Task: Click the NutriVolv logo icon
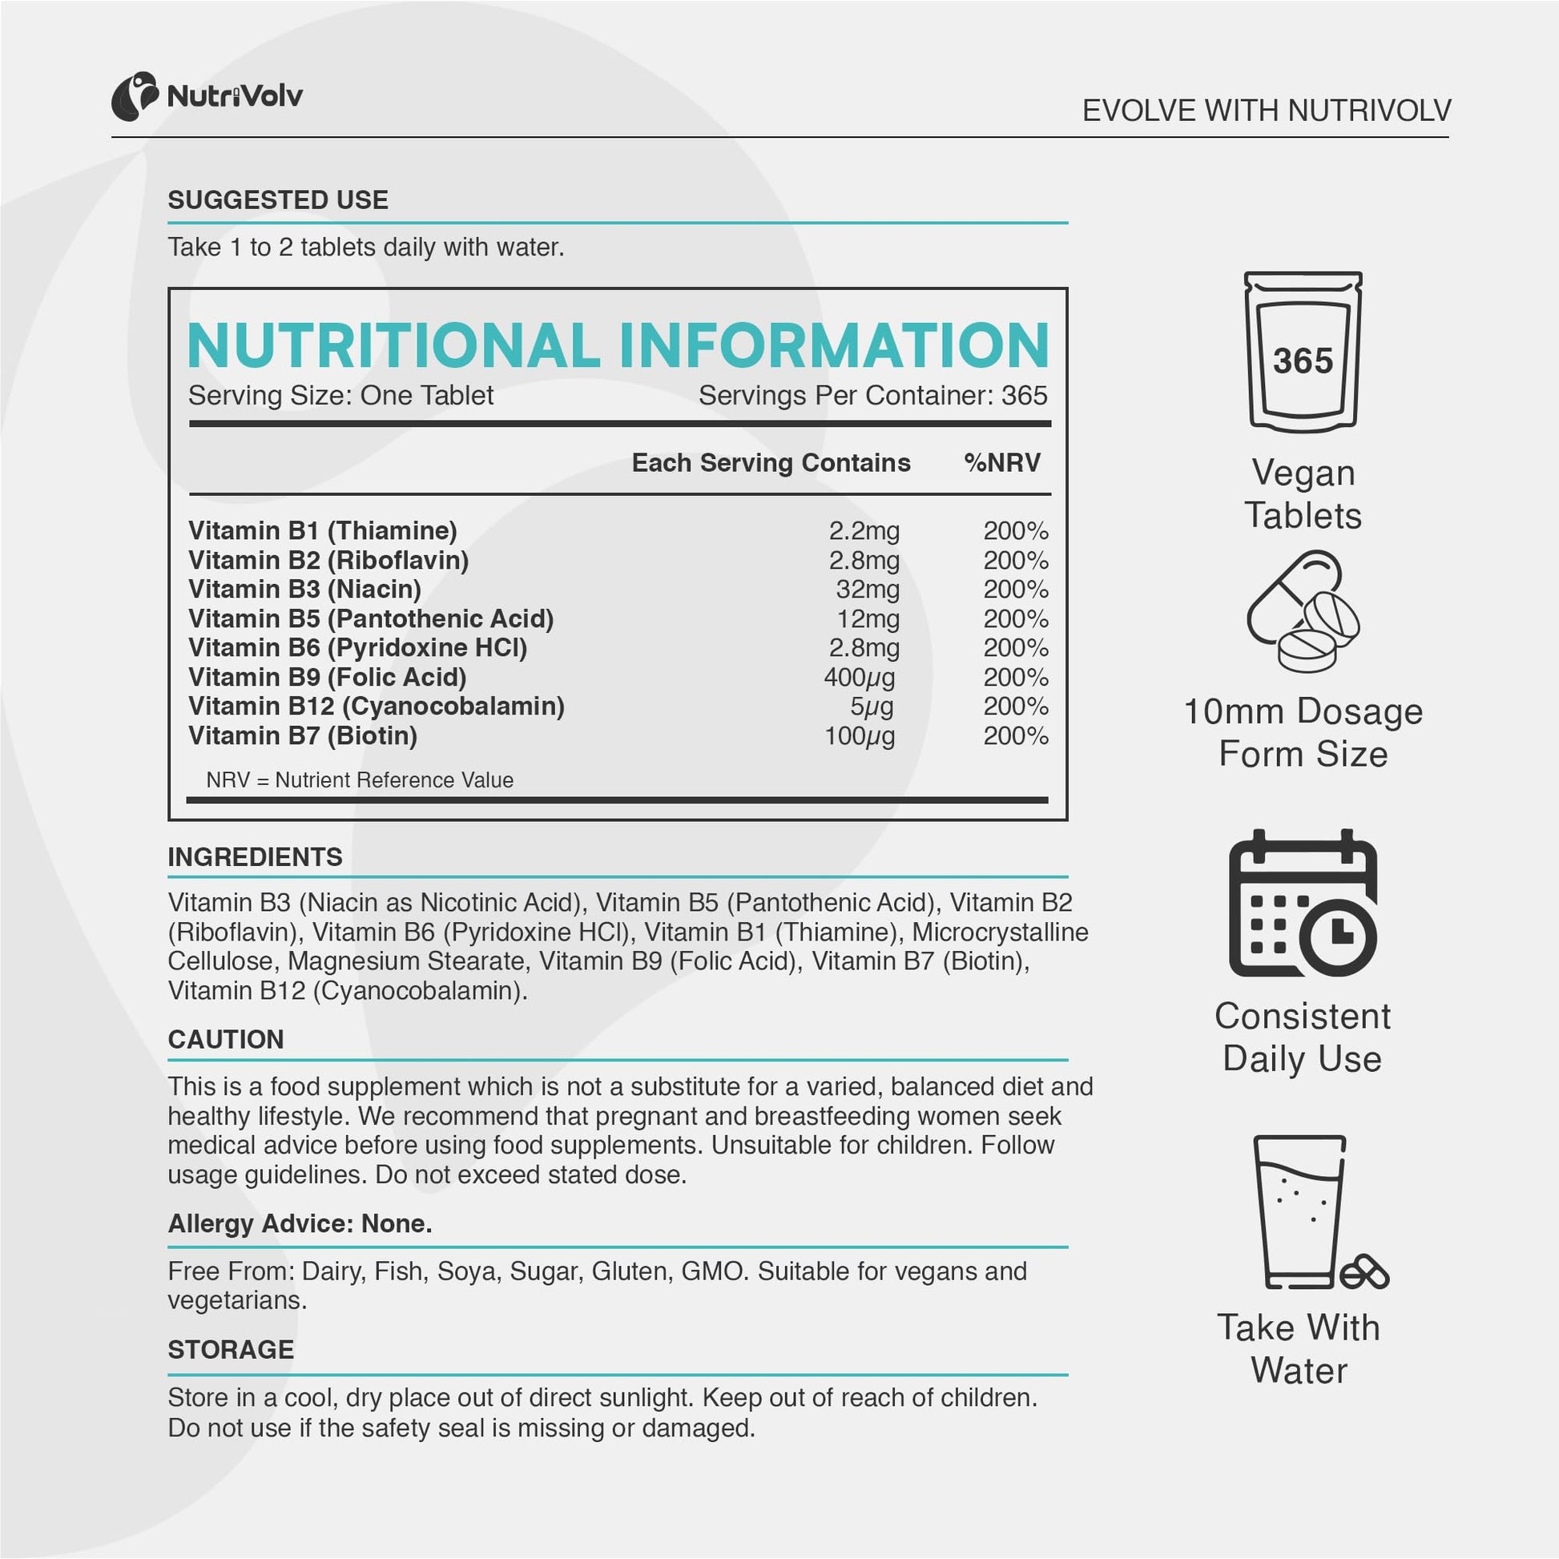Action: click(x=135, y=97)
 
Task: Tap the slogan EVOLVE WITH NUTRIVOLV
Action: click(x=1266, y=111)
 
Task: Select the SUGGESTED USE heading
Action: click(x=277, y=200)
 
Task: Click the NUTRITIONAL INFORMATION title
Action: click(x=618, y=345)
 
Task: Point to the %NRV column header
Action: click(x=1002, y=462)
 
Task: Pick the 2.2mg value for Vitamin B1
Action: click(x=864, y=531)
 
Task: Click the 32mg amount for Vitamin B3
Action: click(x=868, y=589)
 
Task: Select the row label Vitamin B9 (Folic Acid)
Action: click(x=328, y=677)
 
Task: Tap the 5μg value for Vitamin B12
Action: click(x=872, y=707)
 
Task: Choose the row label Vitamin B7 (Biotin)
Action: click(x=303, y=736)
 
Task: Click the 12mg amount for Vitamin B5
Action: click(x=868, y=619)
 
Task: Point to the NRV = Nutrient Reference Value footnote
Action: click(x=360, y=780)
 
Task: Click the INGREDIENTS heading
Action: click(x=255, y=857)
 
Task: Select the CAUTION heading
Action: click(x=226, y=1039)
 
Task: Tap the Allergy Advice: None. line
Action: click(x=300, y=1224)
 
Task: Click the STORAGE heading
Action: click(x=231, y=1350)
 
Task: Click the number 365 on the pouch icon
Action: click(x=1303, y=361)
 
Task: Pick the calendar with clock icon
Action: click(x=1303, y=903)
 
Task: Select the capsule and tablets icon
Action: click(x=1303, y=610)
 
